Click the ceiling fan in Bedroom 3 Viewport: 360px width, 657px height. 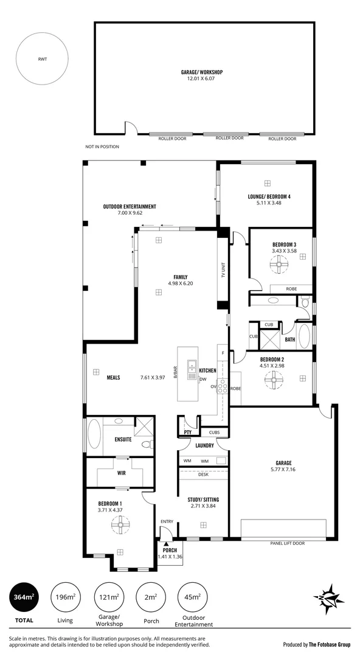point(279,263)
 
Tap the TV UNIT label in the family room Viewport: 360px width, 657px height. point(223,269)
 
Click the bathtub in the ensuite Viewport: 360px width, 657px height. point(94,436)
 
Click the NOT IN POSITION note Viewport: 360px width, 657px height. point(102,147)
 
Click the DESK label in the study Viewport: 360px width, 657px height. point(203,474)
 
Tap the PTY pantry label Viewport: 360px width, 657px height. point(187,433)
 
